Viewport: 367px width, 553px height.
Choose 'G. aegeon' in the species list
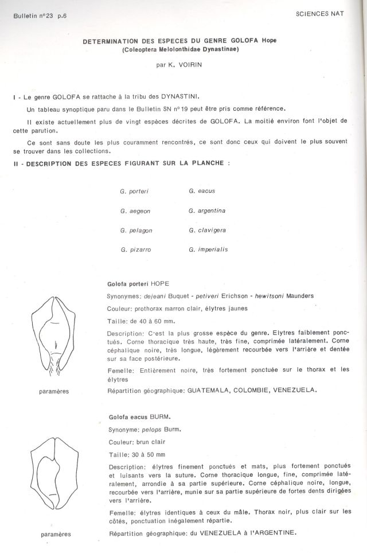(x=135, y=211)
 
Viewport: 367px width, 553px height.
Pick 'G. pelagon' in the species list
(x=135, y=231)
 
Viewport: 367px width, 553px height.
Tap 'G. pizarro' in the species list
(x=135, y=250)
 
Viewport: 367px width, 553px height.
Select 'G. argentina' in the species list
(x=206, y=211)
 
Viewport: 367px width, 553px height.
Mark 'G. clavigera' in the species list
(x=206, y=230)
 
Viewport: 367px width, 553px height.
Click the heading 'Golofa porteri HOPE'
(x=138, y=284)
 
